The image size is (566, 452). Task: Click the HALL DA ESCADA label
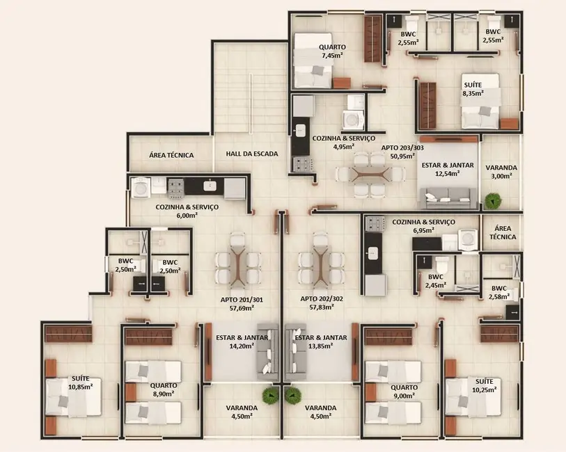point(251,154)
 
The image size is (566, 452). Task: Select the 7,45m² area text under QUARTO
point(331,55)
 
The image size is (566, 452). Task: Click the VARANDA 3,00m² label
point(501,172)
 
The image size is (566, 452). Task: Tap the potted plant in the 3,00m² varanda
point(494,201)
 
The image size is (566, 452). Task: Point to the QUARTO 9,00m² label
point(404,391)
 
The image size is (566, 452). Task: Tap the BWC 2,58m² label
point(498,293)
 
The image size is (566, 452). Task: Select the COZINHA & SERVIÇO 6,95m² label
point(423,225)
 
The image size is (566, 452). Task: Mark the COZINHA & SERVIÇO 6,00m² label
point(187,211)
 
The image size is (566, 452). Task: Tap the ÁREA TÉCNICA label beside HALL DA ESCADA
point(172,155)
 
